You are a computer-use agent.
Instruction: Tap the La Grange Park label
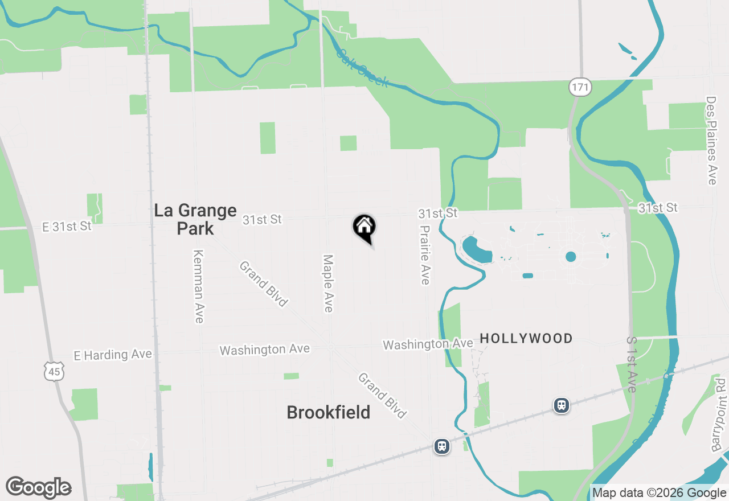pyautogui.click(x=195, y=219)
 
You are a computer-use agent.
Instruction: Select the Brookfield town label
pyautogui.click(x=329, y=412)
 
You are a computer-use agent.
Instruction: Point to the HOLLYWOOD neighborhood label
pyautogui.click(x=526, y=339)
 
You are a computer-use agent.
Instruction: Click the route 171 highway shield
pyautogui.click(x=580, y=87)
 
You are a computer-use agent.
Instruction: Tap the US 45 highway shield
pyautogui.click(x=55, y=372)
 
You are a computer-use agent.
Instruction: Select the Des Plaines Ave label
pyautogui.click(x=711, y=140)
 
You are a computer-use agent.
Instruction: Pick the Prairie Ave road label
pyautogui.click(x=425, y=254)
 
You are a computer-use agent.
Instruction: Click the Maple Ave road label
pyautogui.click(x=328, y=283)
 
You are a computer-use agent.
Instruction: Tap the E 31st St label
pyautogui.click(x=67, y=226)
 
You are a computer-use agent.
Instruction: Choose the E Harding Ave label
pyautogui.click(x=113, y=355)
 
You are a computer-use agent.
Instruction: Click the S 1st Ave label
pyautogui.click(x=632, y=364)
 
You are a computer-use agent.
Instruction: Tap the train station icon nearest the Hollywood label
pyautogui.click(x=562, y=405)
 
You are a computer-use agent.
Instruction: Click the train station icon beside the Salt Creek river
pyautogui.click(x=442, y=446)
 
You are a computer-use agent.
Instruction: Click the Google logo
pyautogui.click(x=38, y=488)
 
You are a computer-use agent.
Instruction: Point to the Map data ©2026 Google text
pyautogui.click(x=659, y=493)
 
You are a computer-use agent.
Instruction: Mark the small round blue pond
pyautogui.click(x=571, y=257)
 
